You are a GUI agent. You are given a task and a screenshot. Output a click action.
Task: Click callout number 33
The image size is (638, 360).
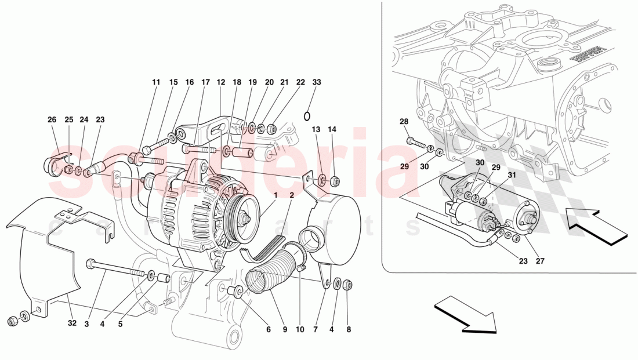coord(316,83)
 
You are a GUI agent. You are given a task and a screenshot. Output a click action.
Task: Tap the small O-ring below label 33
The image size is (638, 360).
coord(308,114)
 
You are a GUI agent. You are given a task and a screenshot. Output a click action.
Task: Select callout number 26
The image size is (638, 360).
coord(52,120)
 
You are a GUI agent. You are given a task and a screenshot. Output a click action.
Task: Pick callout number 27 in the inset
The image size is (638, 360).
coord(540,261)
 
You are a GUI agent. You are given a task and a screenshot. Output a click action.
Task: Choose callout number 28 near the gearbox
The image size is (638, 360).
coord(404,121)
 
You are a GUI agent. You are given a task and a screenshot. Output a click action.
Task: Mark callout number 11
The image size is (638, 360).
coord(156,83)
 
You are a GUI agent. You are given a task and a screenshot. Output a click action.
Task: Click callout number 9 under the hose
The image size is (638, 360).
coord(285,330)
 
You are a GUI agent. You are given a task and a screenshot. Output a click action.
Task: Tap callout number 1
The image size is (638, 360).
coord(275,195)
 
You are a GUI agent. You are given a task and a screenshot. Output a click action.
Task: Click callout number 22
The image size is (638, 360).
coord(300,83)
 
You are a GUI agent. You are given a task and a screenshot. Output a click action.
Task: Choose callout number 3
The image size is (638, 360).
coord(86,325)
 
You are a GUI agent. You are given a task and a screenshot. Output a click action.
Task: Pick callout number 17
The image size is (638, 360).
coord(205,83)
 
